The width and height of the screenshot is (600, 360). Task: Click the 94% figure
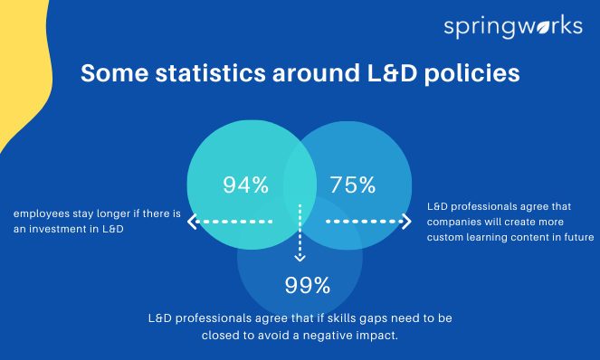(x=246, y=185)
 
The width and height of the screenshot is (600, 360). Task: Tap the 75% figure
(x=353, y=185)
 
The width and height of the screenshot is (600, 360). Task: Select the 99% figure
(x=308, y=286)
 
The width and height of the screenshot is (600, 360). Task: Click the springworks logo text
(x=512, y=26)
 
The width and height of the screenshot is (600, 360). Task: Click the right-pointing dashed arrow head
(x=406, y=221)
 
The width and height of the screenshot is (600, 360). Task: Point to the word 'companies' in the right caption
(x=457, y=222)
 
